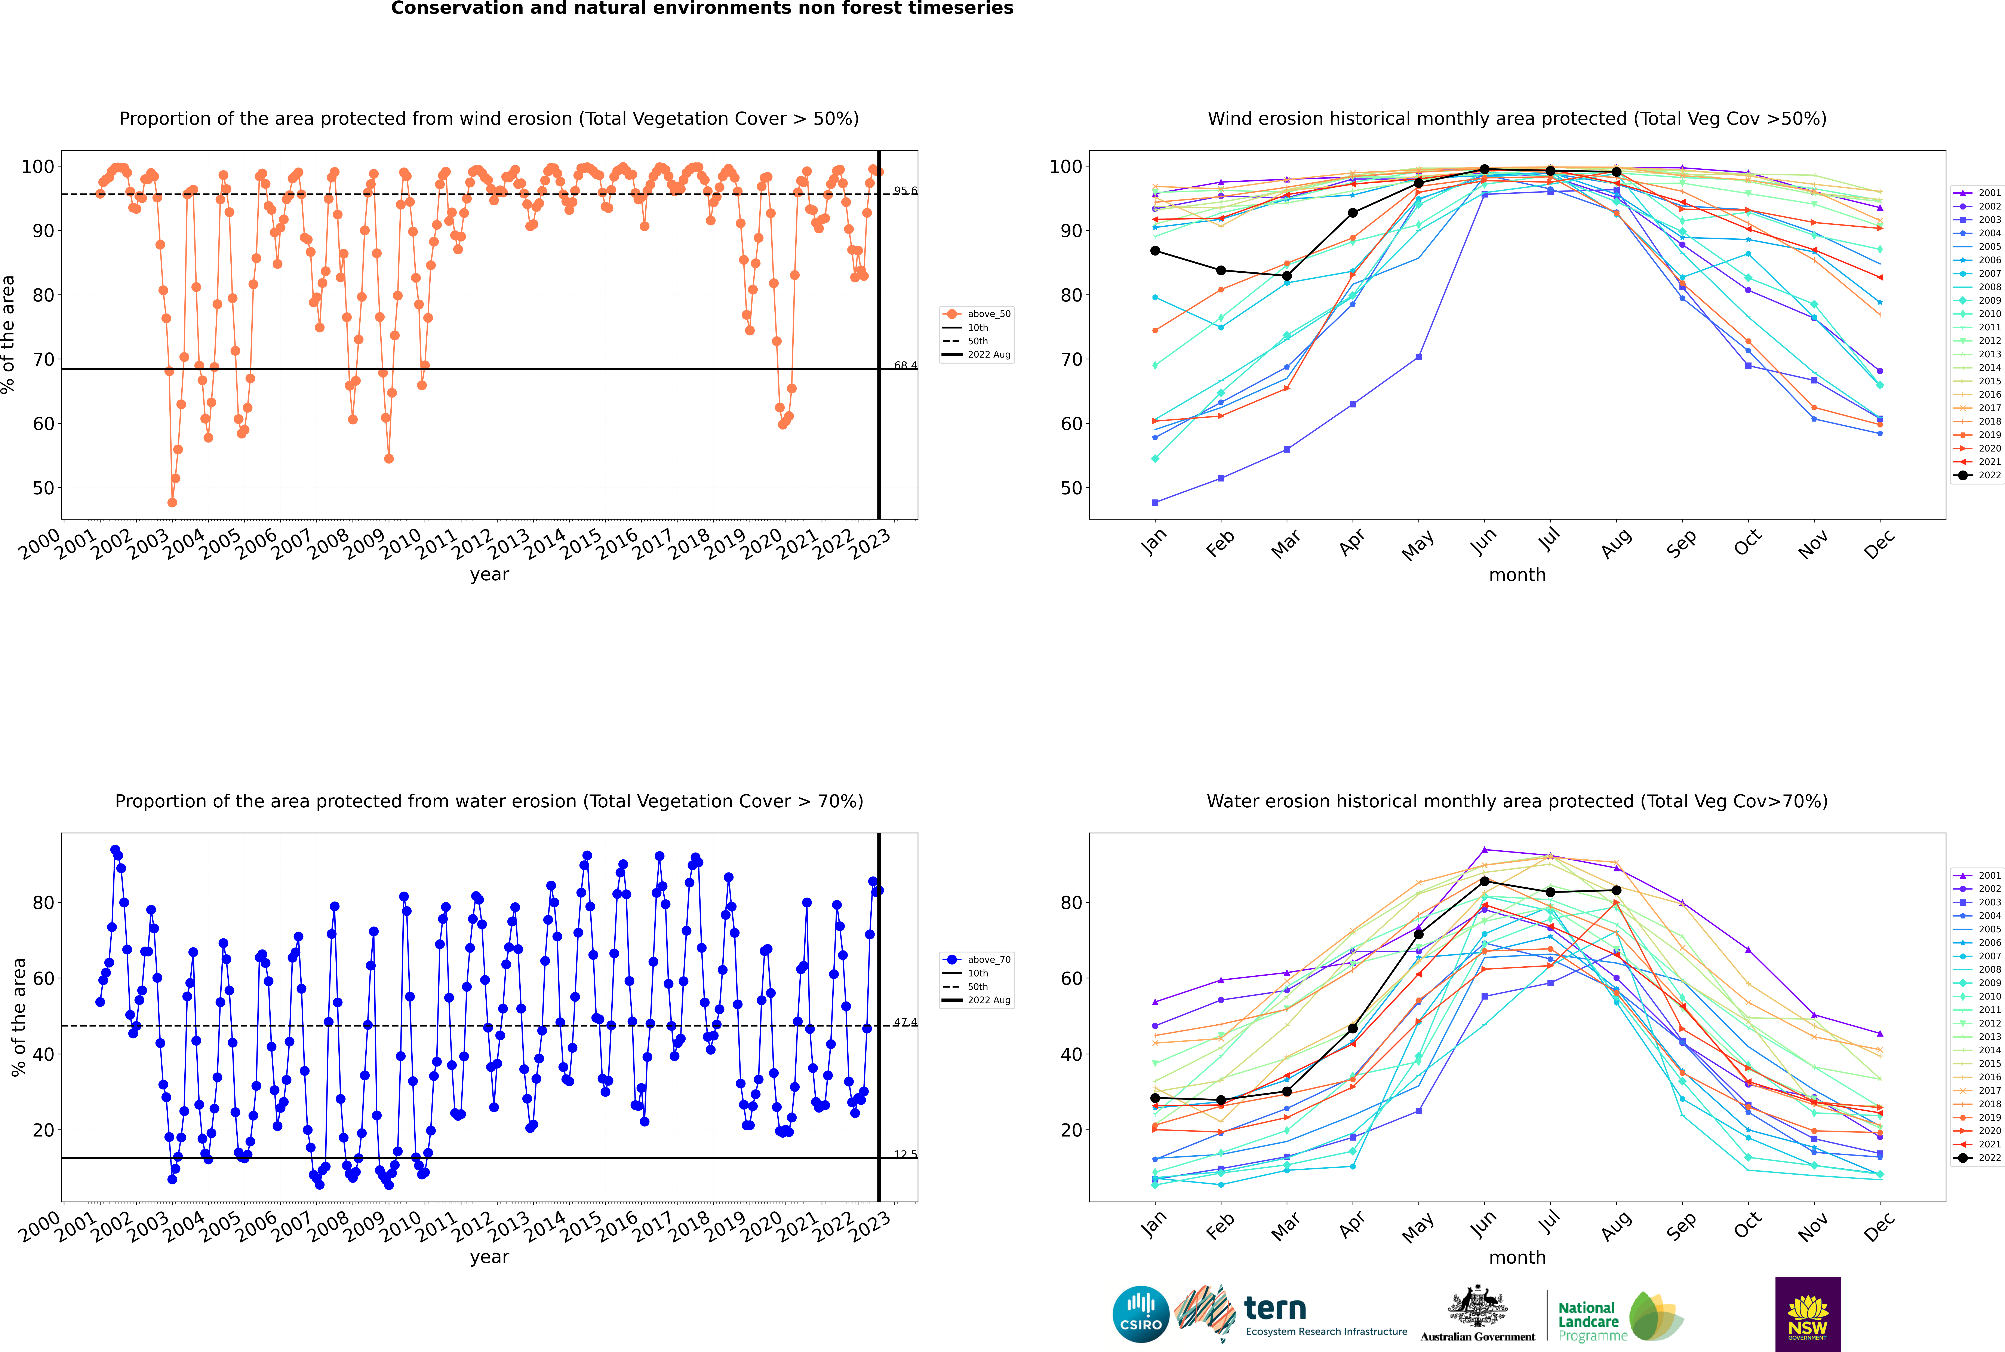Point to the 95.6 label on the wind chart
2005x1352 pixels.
pyautogui.click(x=905, y=190)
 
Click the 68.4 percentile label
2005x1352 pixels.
pyautogui.click(x=905, y=365)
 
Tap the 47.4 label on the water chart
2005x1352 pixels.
pyautogui.click(x=905, y=1023)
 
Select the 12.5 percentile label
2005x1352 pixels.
pyautogui.click(x=905, y=1154)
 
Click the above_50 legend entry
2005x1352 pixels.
pyautogui.click(x=988, y=314)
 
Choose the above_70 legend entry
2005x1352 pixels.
pyautogui.click(x=988, y=960)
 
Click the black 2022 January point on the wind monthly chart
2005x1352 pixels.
pyautogui.click(x=1155, y=251)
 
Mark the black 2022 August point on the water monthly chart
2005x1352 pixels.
pyautogui.click(x=1616, y=890)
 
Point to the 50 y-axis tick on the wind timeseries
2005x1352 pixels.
pyautogui.click(x=43, y=488)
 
